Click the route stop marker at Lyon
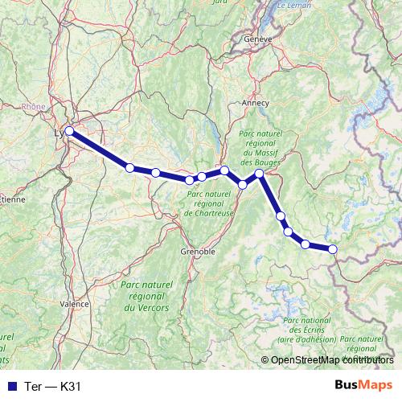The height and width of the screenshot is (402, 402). pos(69,130)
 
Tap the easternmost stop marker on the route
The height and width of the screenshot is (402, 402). pos(333,249)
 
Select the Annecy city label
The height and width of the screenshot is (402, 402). pos(255,103)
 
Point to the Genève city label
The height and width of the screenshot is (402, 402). pos(259,38)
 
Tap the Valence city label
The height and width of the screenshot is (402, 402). pos(74,305)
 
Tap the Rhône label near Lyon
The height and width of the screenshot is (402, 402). pos(33,105)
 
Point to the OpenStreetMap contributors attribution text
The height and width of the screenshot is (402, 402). pos(330,360)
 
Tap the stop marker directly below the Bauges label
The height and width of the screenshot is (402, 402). pos(260,173)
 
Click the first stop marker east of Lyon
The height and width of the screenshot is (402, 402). pos(129,167)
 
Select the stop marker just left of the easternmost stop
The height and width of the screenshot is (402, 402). pos(306,244)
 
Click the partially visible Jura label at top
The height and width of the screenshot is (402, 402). pos(218,2)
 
